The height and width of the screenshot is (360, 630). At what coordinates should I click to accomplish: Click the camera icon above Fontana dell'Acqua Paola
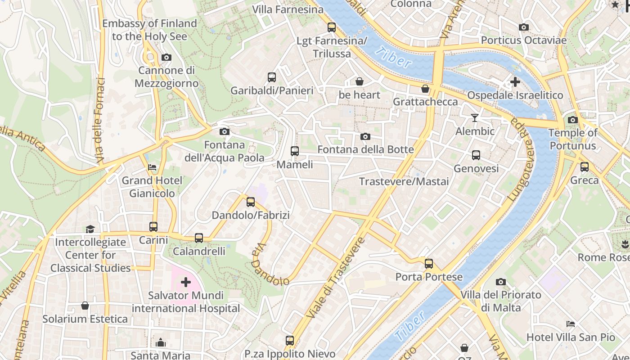pos(224,131)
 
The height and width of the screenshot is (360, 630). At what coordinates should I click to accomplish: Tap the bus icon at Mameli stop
pos(295,151)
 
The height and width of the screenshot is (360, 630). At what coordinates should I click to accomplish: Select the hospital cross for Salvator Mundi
pos(186,282)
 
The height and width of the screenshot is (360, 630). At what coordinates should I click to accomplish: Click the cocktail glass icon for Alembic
pos(475,118)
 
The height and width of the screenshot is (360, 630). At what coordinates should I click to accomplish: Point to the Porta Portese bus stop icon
pos(429,264)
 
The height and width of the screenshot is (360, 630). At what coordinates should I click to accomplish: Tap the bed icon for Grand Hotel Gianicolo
pos(153,167)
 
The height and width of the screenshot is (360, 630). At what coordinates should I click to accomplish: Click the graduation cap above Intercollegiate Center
pos(90,229)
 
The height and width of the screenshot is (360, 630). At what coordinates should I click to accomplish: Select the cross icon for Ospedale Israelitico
pos(515,82)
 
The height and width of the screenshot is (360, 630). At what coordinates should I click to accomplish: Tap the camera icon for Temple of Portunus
pos(573,120)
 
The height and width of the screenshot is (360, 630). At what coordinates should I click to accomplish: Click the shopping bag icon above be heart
pos(360,81)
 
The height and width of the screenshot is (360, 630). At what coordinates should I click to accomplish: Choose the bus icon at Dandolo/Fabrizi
pos(251,202)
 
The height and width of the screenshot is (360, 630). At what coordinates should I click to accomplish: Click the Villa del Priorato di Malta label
pos(500,301)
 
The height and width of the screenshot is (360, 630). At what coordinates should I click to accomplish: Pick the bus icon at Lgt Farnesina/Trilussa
pos(332,27)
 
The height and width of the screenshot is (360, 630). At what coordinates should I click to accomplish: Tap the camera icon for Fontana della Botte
pos(365,136)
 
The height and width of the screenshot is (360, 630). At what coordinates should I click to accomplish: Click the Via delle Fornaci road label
pos(100,121)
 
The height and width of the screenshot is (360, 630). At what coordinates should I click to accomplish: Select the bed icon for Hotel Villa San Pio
pos(571,324)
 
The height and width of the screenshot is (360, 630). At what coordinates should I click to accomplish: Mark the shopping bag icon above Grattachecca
pos(425,89)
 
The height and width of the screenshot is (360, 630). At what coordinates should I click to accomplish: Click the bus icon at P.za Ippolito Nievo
pos(290,341)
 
